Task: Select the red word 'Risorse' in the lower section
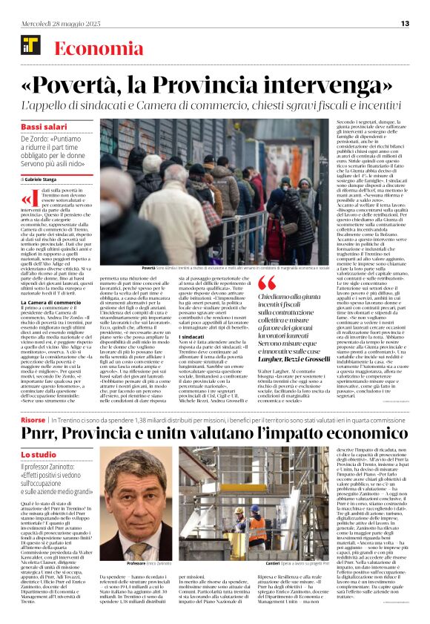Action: [x=33, y=419]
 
